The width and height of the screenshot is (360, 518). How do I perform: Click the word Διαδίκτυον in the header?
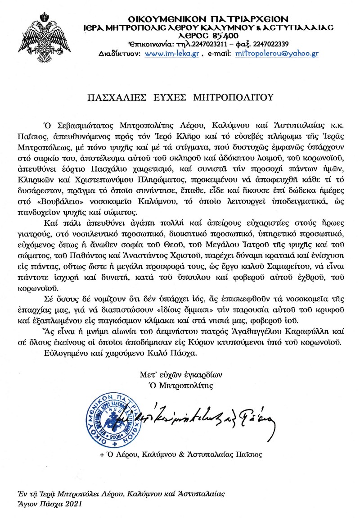coord(114,54)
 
